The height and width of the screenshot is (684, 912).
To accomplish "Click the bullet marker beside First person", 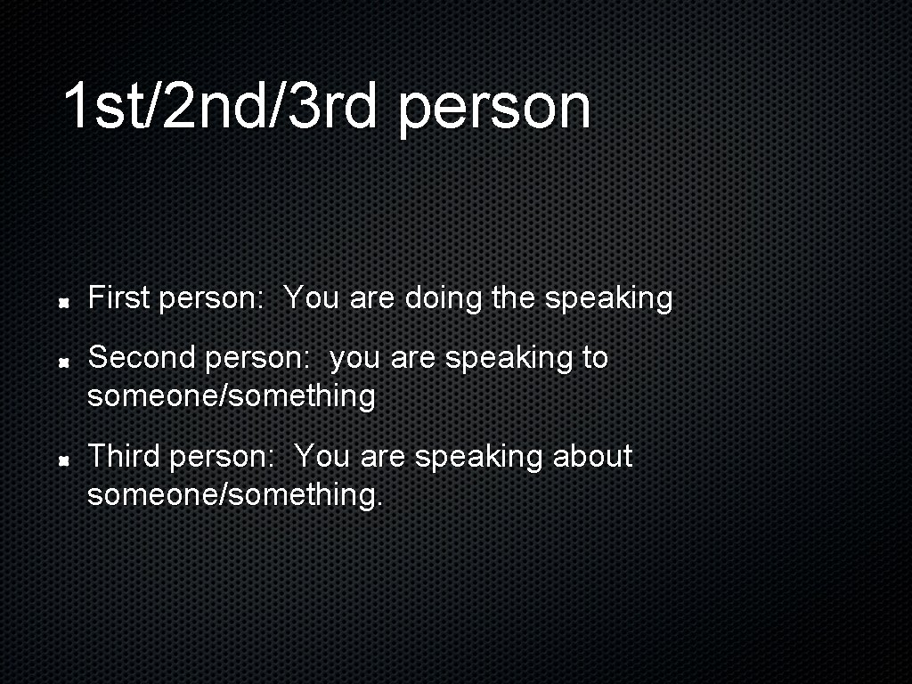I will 65,303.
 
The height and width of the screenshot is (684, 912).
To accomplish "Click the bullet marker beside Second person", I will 65,362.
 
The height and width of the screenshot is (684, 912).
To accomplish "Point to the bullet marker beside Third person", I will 65,461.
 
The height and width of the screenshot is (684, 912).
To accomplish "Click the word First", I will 118,297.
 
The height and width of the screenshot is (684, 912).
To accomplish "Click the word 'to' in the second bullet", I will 594,358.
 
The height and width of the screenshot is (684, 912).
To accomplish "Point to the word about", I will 592,456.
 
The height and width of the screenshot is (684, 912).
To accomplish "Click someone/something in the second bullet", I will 231,395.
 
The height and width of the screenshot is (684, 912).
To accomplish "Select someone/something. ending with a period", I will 235,494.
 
